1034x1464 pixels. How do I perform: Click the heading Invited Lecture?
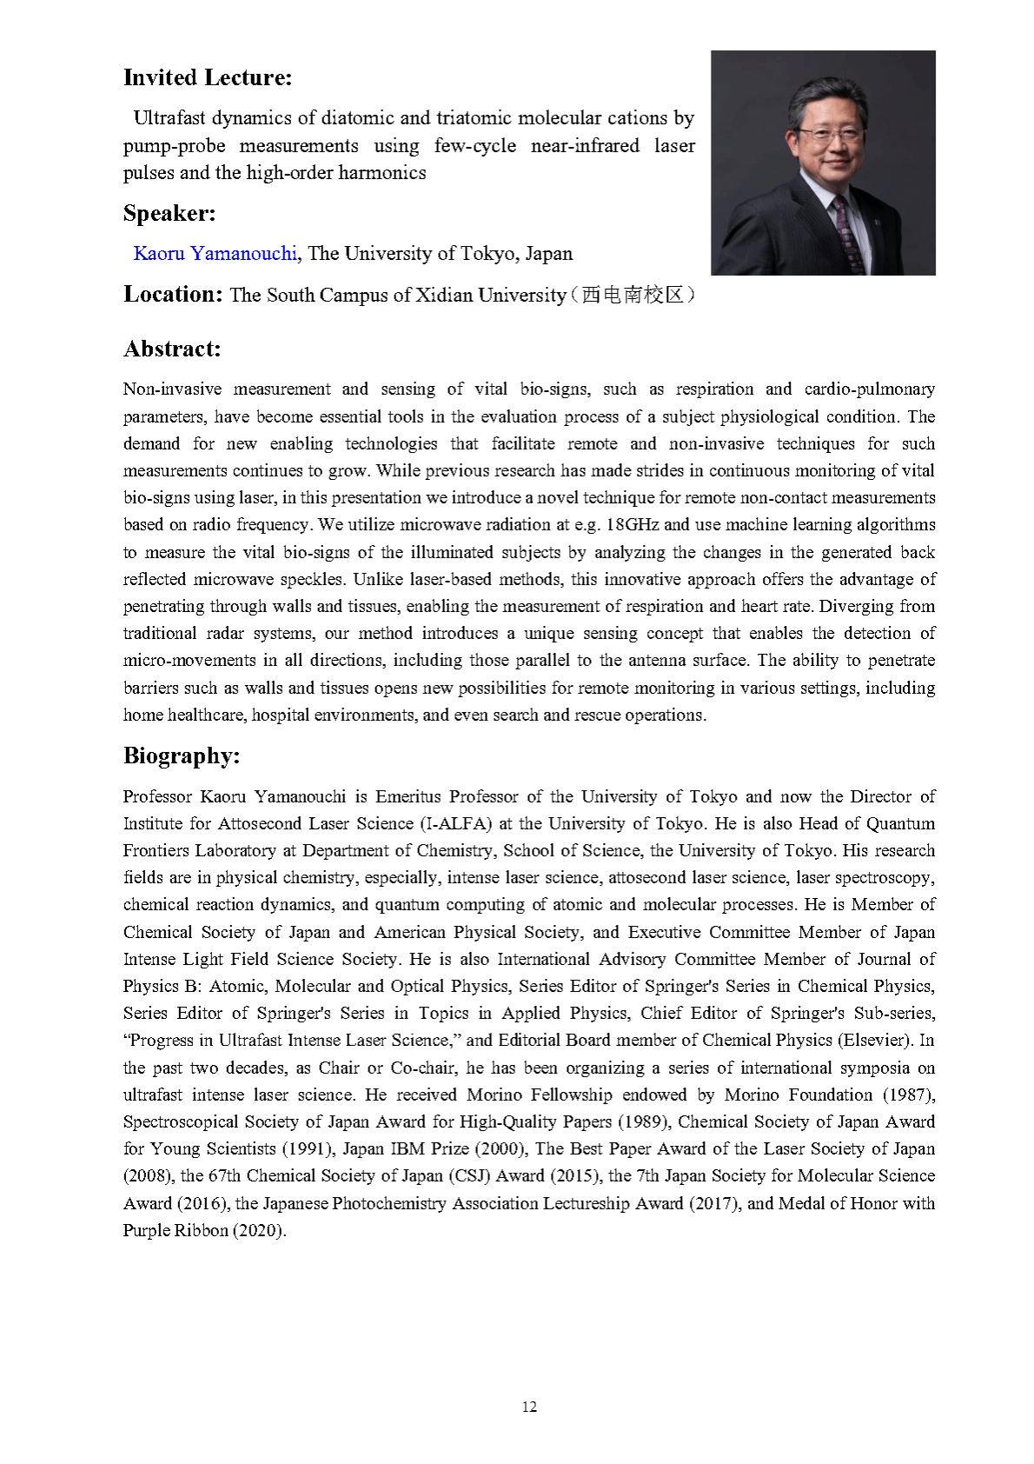coord(208,77)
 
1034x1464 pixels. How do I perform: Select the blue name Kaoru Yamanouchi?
coord(215,253)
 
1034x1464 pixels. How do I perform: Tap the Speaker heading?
coord(169,213)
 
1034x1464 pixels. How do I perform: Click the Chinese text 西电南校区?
coord(633,295)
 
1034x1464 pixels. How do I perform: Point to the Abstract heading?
coord(172,349)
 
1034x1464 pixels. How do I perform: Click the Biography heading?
coord(182,755)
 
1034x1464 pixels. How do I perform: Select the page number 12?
coord(529,1407)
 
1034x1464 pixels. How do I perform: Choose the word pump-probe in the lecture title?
coord(174,145)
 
